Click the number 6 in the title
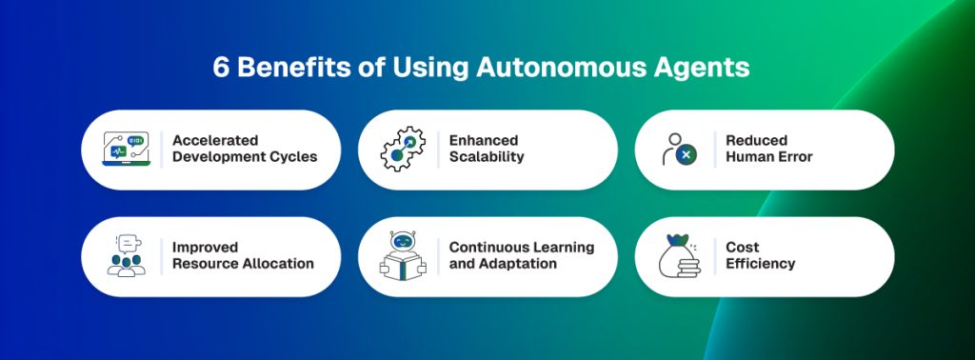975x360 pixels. tap(221, 70)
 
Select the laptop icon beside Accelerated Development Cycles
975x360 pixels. tap(127, 150)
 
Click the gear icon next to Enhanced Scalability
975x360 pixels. tap(403, 150)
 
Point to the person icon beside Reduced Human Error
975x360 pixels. tap(679, 150)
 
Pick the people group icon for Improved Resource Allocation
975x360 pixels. tap(127, 256)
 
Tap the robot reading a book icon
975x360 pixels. tap(402, 255)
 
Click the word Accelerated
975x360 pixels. tap(215, 141)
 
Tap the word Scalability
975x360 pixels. tap(487, 157)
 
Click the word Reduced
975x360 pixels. tap(756, 141)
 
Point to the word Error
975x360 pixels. tap(792, 157)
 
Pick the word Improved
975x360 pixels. tap(205, 248)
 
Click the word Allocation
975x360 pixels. tap(275, 264)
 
